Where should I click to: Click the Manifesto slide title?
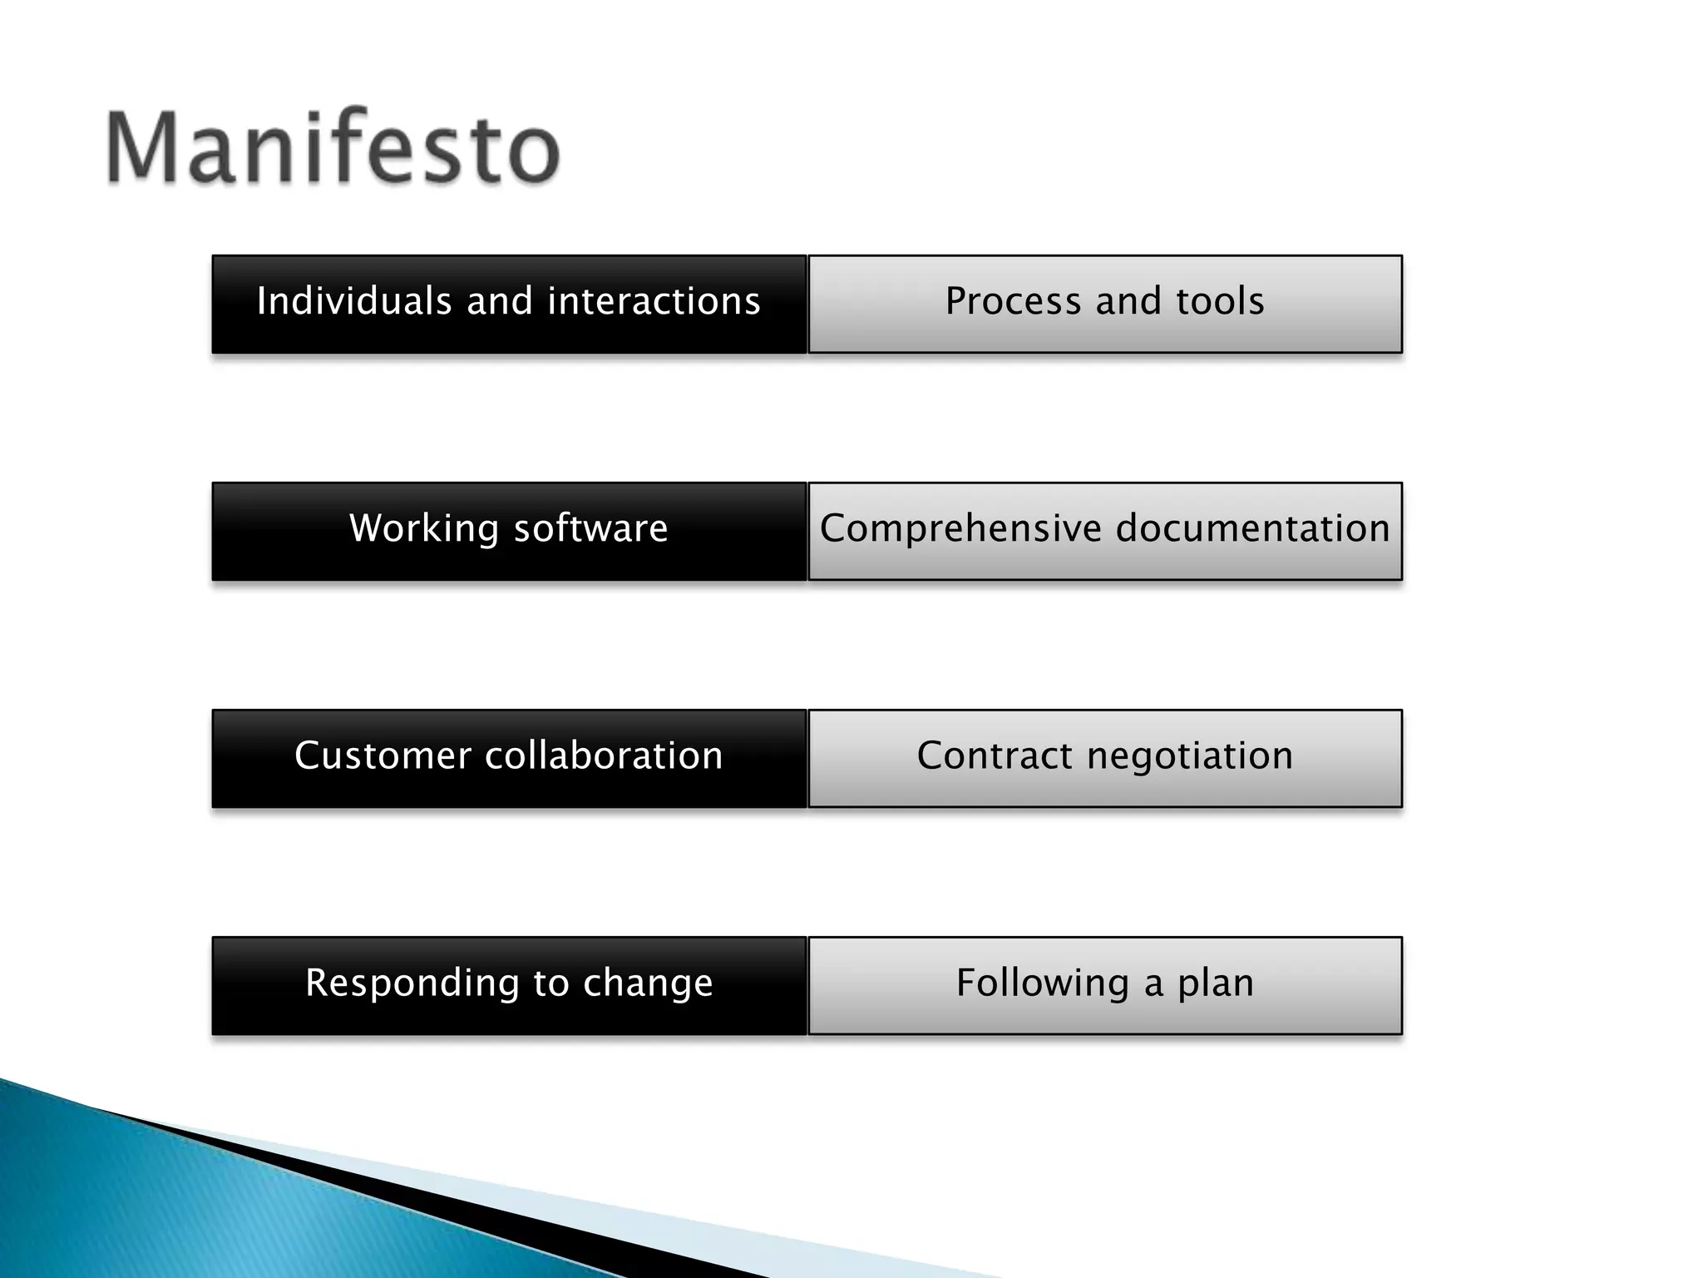pyautogui.click(x=333, y=148)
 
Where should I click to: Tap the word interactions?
pyautogui.click(x=654, y=301)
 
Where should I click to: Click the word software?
pyautogui.click(x=591, y=528)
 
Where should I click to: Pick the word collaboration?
pyautogui.click(x=604, y=755)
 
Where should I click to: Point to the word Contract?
pyautogui.click(x=995, y=755)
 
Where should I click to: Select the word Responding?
pyautogui.click(x=412, y=983)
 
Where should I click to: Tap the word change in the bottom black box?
pyautogui.click(x=648, y=983)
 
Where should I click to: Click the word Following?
pyautogui.click(x=1043, y=983)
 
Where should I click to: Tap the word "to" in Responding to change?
pyautogui.click(x=550, y=983)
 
